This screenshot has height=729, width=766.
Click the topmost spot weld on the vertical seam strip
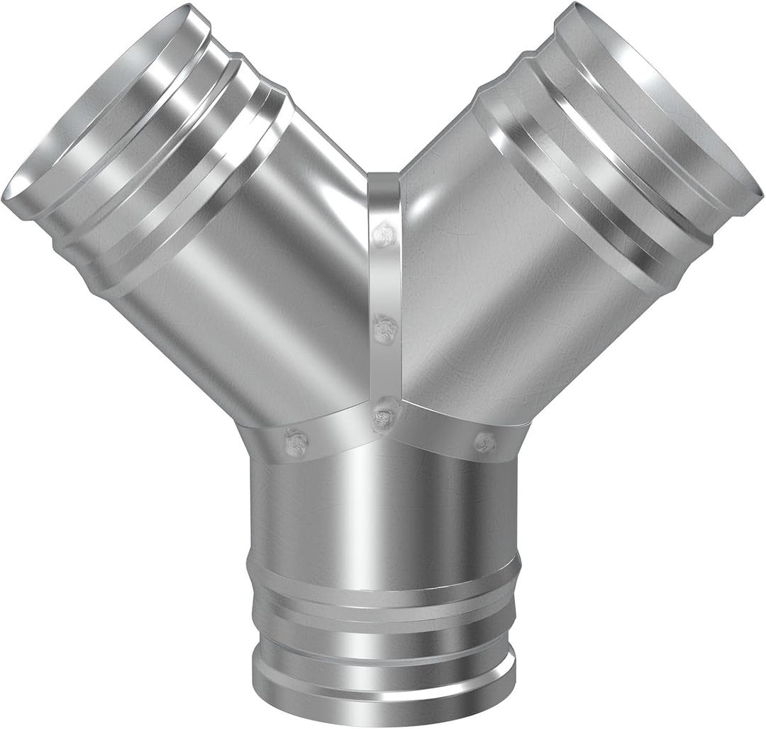(385, 233)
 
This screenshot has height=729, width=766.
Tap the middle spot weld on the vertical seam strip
(384, 328)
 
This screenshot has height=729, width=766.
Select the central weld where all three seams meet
(385, 415)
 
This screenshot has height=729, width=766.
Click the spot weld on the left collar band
(296, 443)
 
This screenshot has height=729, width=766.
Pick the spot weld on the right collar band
(485, 443)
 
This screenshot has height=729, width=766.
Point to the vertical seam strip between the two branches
(384, 284)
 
